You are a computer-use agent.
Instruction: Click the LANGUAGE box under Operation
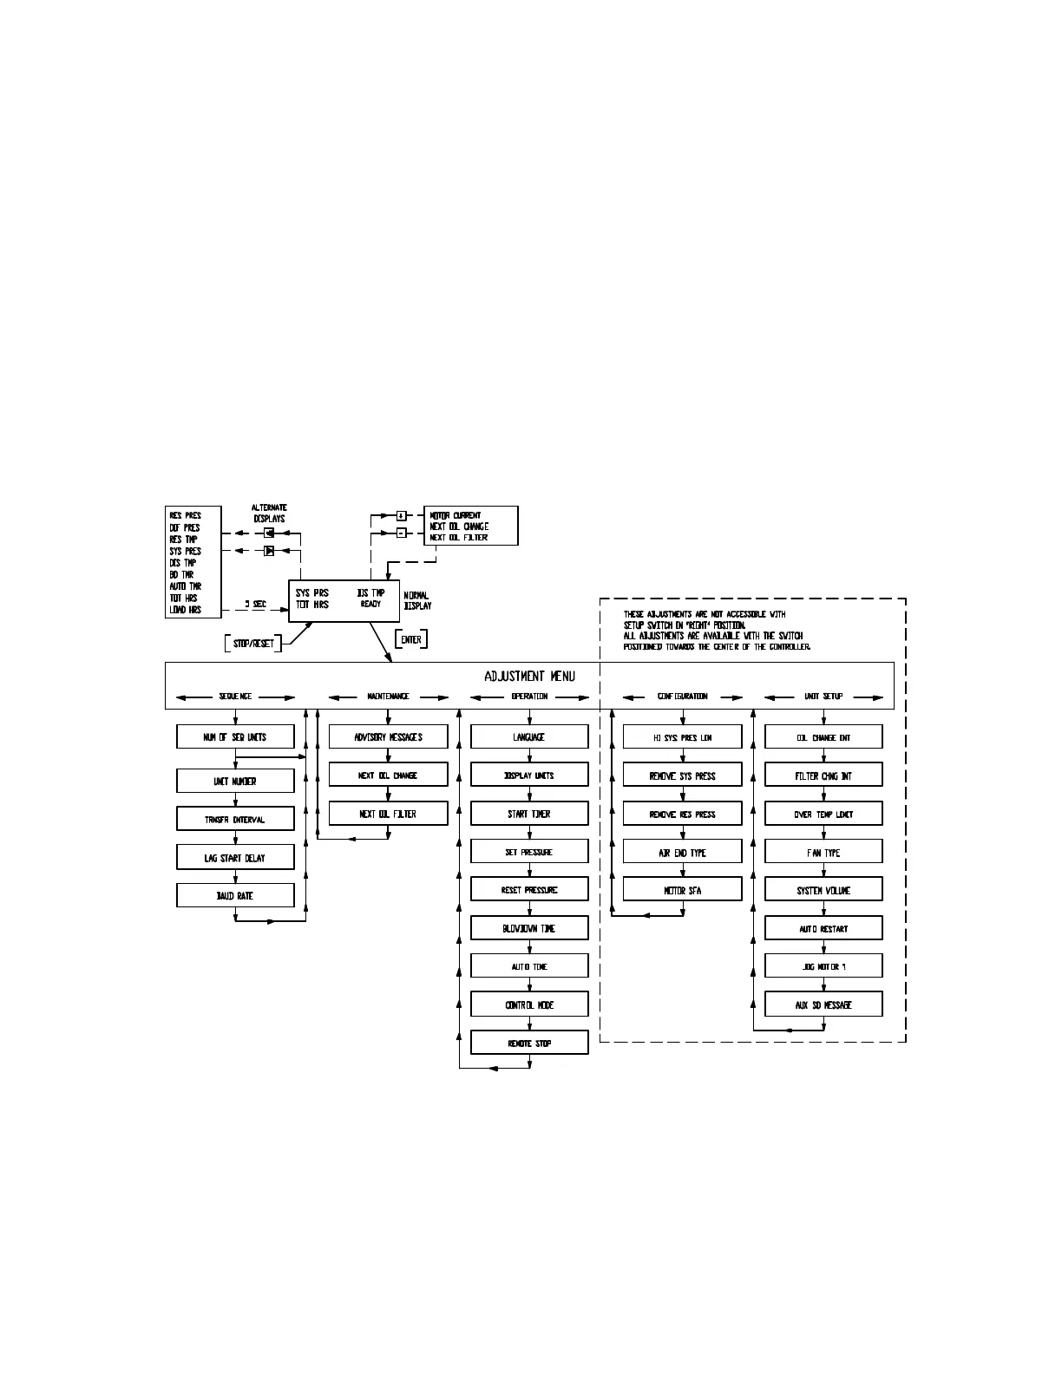(x=529, y=737)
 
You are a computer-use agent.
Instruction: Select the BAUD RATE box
(x=235, y=896)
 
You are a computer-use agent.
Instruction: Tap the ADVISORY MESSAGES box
(x=388, y=737)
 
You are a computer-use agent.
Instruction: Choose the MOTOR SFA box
(x=682, y=891)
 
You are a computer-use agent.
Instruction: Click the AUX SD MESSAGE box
(x=823, y=1005)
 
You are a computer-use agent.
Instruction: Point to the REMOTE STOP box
(x=529, y=1044)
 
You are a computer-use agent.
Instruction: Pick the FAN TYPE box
(x=823, y=853)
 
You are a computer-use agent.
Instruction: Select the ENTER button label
(x=411, y=640)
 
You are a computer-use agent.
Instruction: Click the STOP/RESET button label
(x=253, y=644)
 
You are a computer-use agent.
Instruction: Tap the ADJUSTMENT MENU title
(x=529, y=677)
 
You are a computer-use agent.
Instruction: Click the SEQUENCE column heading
(x=235, y=697)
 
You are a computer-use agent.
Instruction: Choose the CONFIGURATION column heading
(x=682, y=697)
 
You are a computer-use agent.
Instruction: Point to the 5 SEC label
(x=255, y=604)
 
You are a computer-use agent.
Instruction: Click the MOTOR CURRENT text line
(x=456, y=515)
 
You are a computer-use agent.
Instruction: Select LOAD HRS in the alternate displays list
(x=185, y=610)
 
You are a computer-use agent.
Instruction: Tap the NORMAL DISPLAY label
(x=417, y=600)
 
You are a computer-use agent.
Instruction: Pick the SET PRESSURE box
(x=529, y=853)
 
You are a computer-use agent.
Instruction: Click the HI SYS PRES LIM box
(x=682, y=737)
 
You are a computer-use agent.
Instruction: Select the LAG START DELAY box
(x=235, y=858)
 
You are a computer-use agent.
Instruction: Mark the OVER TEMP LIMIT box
(x=823, y=815)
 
